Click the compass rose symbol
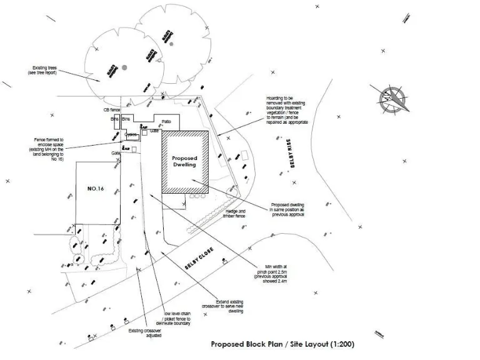393,98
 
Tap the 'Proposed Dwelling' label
184,161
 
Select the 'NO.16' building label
95,187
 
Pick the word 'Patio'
166,121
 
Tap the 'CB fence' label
111,110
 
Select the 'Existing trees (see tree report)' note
49,70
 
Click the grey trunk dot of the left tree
125,66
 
